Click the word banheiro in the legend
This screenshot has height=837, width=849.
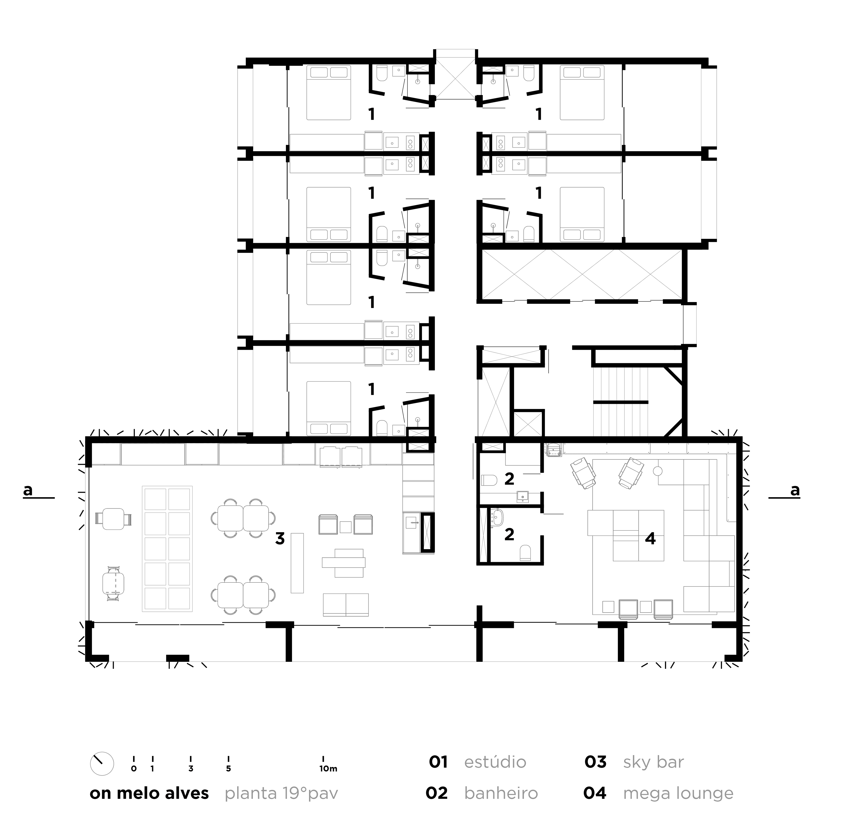pyautogui.click(x=501, y=793)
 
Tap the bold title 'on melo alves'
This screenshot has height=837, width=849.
pyautogui.click(x=149, y=793)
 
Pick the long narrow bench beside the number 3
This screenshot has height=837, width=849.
pyautogui.click(x=297, y=563)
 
